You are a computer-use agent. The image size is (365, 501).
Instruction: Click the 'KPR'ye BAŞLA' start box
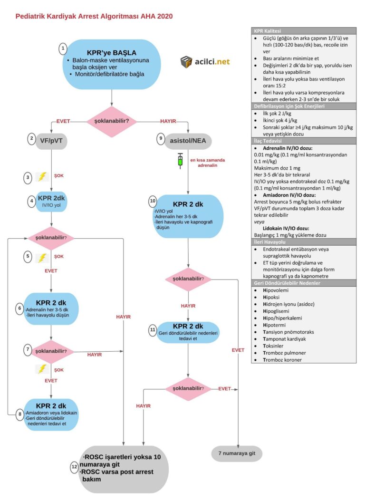click(112, 64)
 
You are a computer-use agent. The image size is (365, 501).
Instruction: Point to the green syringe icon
click(180, 160)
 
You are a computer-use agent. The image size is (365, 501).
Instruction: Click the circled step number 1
click(63, 48)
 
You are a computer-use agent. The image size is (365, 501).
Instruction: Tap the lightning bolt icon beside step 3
click(42, 177)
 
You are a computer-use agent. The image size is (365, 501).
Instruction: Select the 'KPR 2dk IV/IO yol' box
click(51, 202)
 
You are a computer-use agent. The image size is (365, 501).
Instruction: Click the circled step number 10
click(153, 201)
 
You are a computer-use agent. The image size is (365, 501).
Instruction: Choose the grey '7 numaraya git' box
click(237, 453)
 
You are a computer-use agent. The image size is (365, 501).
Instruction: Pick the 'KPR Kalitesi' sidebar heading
click(267, 31)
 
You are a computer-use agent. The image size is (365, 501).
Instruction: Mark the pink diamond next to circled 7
click(51, 351)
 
